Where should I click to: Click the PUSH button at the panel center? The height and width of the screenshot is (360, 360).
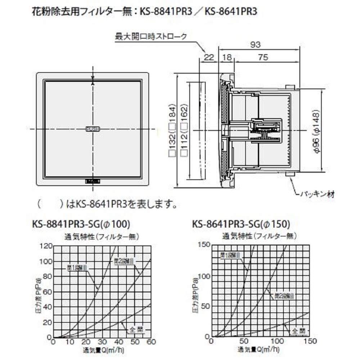[x=93, y=129]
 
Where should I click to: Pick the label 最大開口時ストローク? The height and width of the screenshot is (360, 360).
[x=151, y=36]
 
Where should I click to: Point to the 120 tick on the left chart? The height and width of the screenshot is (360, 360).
[x=47, y=246]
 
